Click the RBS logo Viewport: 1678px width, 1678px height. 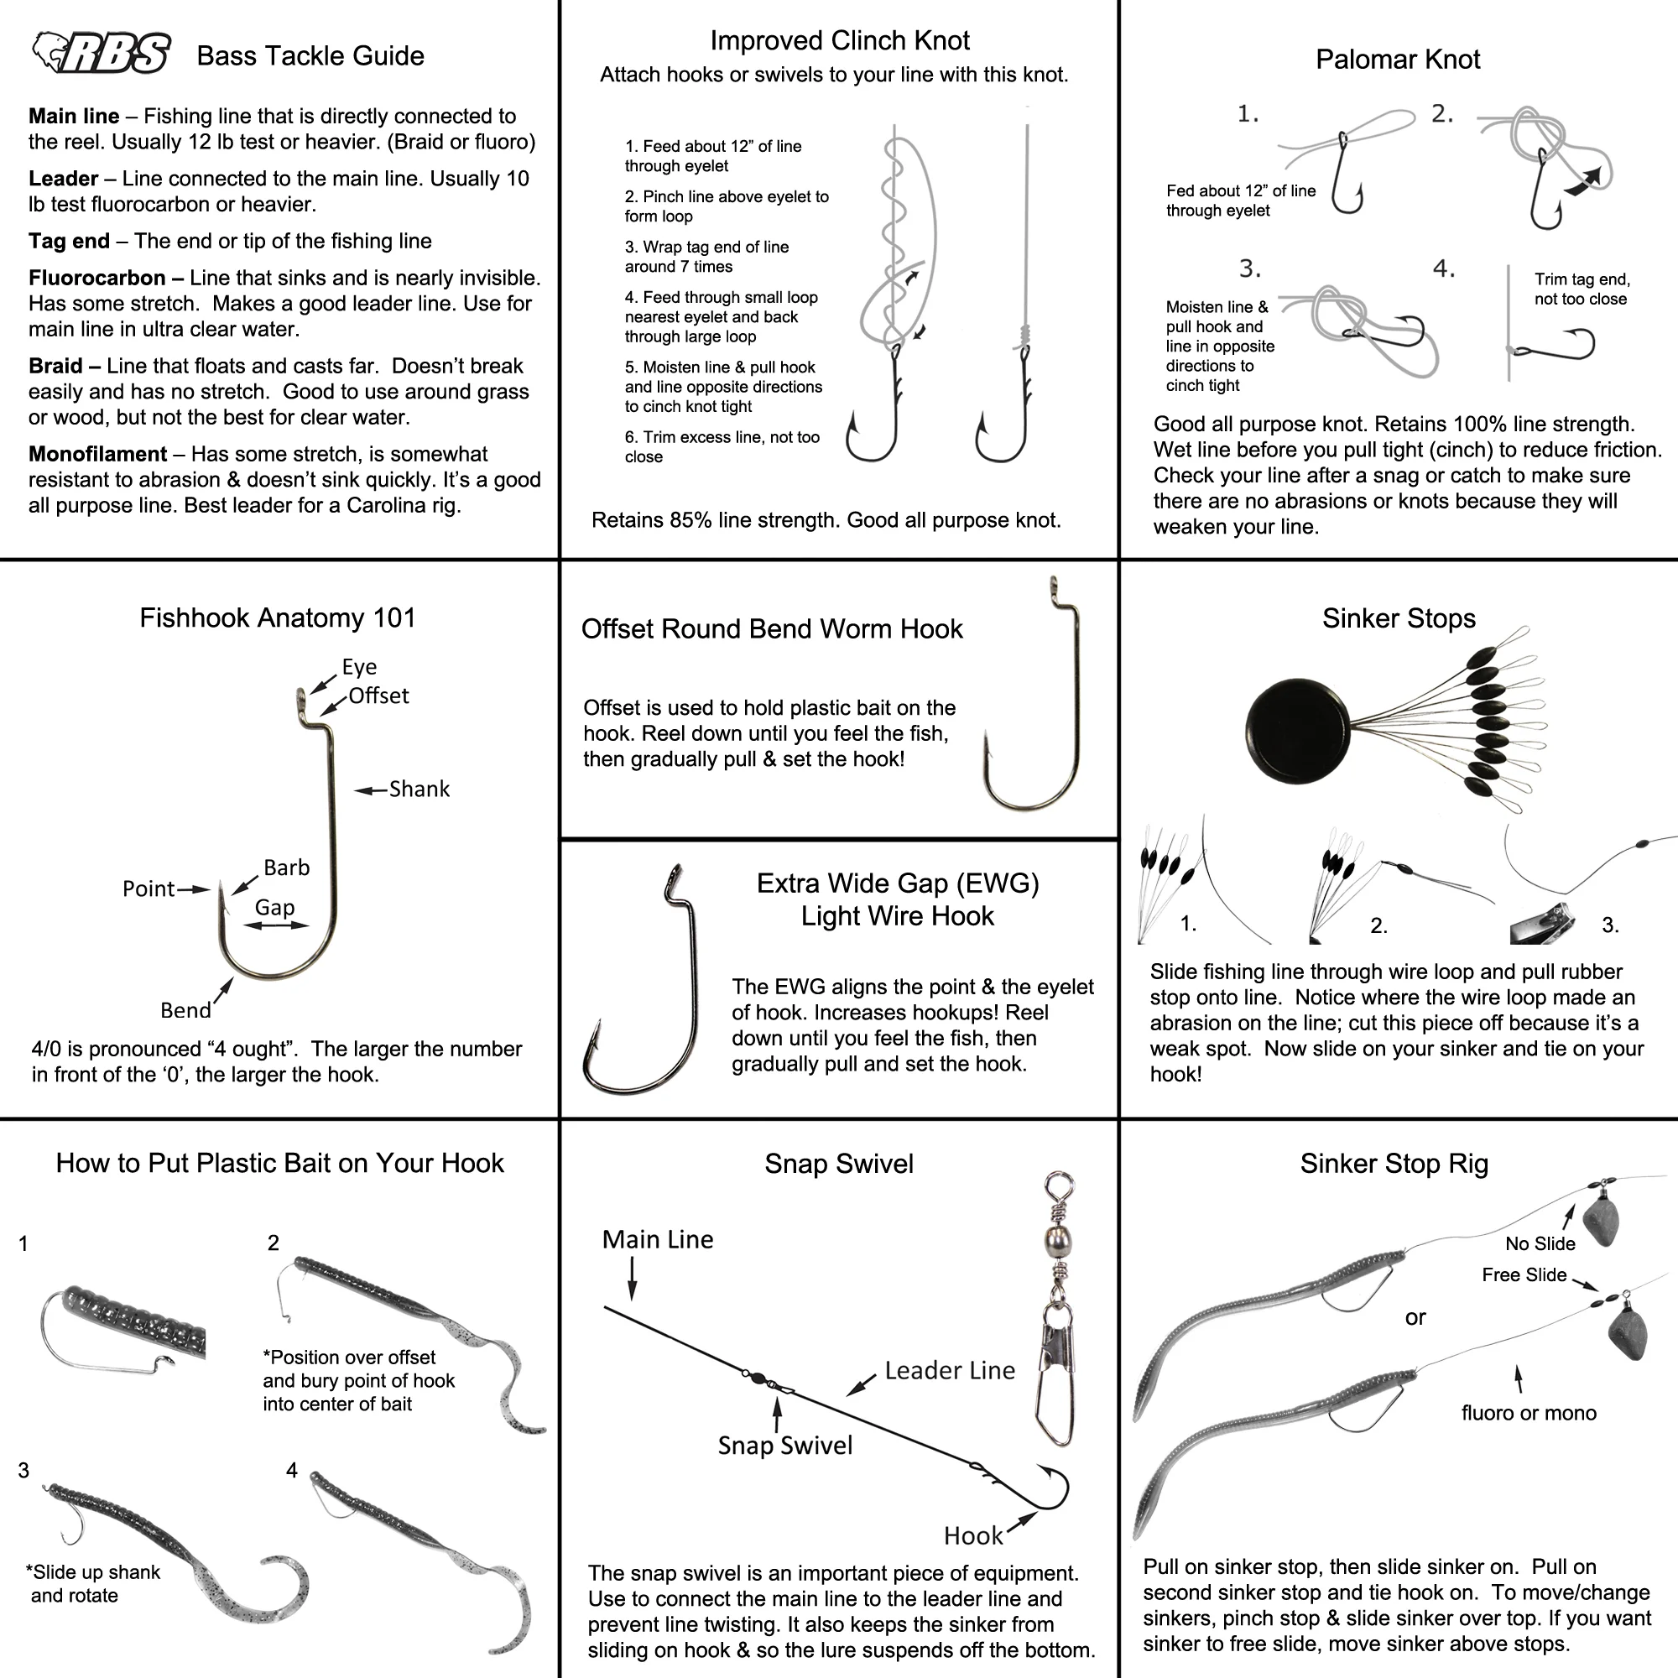101,54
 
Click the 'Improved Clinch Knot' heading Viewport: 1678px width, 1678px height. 839,41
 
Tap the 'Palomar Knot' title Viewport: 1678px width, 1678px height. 1398,59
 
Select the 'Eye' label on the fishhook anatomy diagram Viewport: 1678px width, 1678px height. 359,666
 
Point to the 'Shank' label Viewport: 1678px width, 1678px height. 419,789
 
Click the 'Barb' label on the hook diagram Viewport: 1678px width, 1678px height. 287,868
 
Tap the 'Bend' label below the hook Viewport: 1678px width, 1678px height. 185,1010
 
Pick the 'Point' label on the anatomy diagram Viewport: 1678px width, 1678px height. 149,889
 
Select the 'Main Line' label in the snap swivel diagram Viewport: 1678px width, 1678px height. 658,1239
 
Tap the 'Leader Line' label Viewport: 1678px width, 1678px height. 949,1371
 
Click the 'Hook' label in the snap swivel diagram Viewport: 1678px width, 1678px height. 972,1535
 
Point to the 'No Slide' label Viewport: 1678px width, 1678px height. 1540,1243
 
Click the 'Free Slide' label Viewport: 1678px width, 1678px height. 1524,1275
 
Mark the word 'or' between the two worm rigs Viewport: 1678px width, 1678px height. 1415,1317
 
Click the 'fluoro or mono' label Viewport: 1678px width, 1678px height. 1529,1413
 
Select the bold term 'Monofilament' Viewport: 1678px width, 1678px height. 97,454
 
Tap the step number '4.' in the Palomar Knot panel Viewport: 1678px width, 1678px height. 1443,269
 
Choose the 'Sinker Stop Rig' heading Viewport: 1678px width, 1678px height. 1394,1164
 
